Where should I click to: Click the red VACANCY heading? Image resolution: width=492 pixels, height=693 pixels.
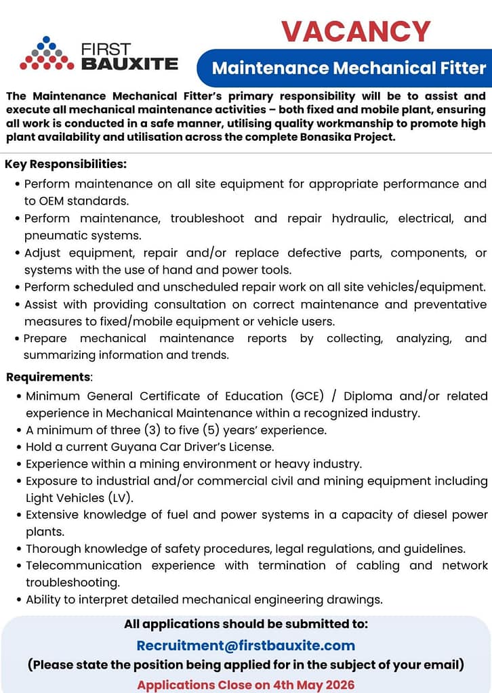356,31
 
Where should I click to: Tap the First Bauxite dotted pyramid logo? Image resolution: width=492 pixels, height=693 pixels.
47,54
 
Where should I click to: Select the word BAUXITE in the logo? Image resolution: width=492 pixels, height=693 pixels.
129,64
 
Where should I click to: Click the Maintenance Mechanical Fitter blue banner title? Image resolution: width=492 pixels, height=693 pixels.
349,68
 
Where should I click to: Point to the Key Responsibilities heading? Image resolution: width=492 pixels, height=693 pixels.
66,164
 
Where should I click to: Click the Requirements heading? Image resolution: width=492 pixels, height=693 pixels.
48,377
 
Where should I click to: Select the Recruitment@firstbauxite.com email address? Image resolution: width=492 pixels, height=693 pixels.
246,646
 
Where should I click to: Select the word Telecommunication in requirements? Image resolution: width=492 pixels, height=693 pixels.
84,565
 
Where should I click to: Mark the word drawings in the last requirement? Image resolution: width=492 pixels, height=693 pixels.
354,599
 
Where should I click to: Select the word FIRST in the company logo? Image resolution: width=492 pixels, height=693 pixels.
105,50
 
